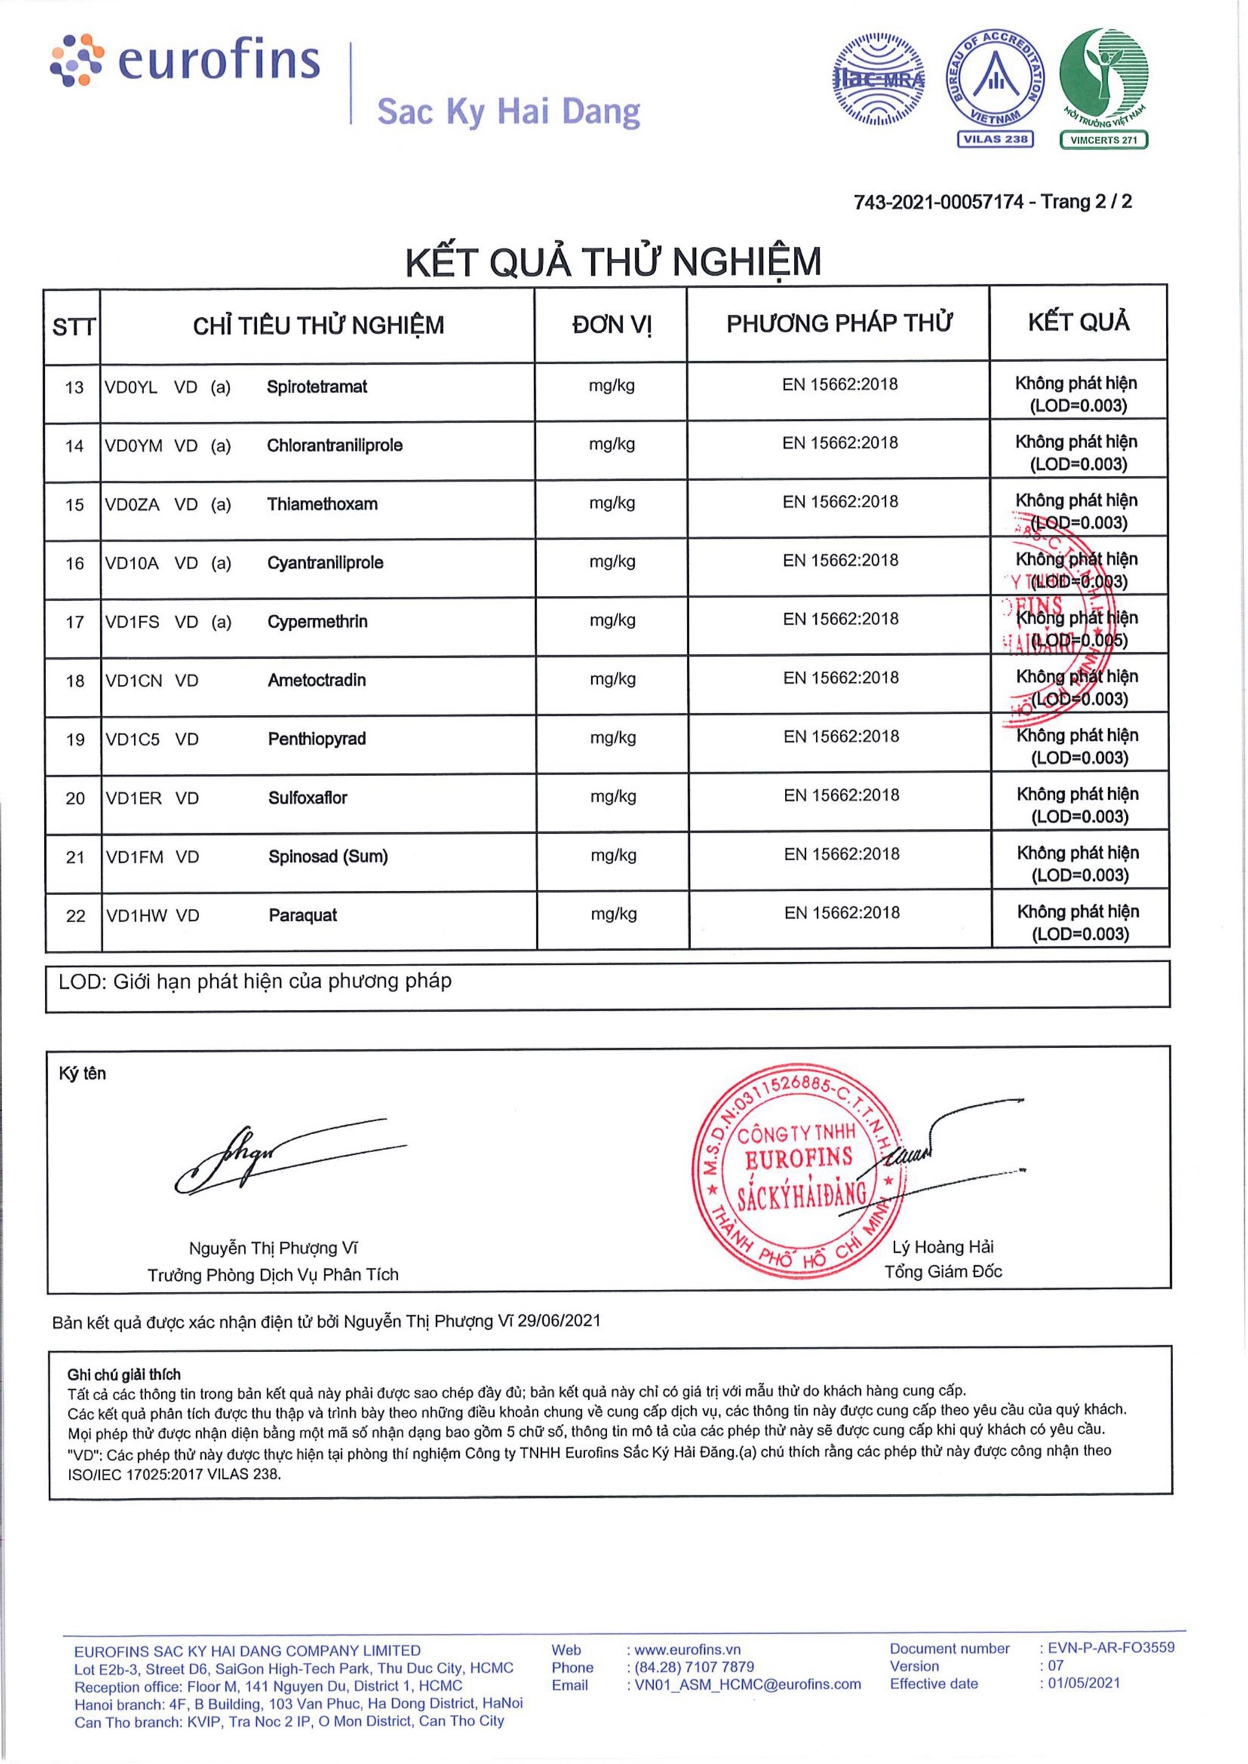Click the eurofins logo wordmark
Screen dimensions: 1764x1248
coord(216,61)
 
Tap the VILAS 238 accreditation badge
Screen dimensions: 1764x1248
coord(995,89)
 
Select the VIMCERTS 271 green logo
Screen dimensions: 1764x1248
coord(1103,89)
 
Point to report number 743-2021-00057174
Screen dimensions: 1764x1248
coord(939,202)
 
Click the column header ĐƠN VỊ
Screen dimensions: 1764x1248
coord(611,325)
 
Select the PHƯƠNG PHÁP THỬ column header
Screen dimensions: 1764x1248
coord(839,323)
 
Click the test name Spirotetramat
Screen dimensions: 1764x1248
coord(316,387)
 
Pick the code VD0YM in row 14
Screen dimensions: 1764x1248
coord(134,446)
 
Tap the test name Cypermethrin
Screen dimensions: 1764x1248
coord(318,622)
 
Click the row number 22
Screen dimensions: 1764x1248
coord(75,916)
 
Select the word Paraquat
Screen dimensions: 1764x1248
coord(303,916)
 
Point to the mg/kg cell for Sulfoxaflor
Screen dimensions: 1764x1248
coord(613,797)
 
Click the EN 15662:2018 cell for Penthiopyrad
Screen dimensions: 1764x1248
coord(841,737)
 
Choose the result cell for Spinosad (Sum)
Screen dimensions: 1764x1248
coord(1079,863)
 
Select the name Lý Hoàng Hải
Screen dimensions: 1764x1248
coord(943,1247)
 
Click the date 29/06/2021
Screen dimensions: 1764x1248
coord(559,1321)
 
